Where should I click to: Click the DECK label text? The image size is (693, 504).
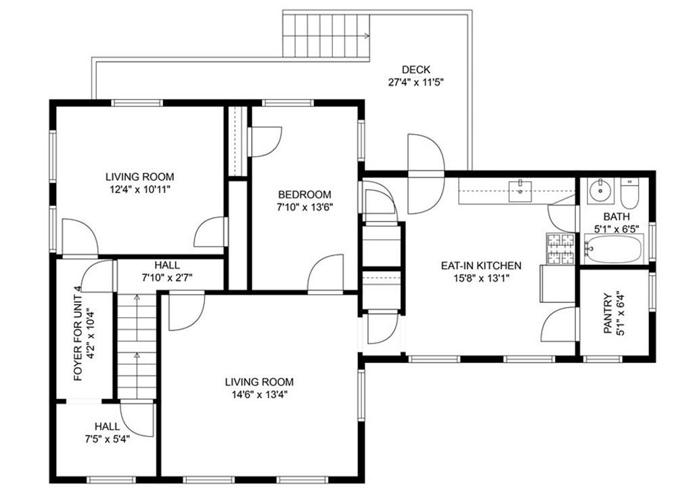[416, 70]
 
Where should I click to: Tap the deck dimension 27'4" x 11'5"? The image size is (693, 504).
[416, 82]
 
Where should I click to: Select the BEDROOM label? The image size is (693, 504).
[305, 194]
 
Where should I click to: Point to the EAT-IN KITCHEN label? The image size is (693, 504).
[481, 266]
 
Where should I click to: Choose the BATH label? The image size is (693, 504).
[616, 217]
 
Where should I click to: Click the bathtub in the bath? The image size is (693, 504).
[613, 249]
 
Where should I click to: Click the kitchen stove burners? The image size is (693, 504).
[561, 249]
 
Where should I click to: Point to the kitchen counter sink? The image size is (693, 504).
[520, 191]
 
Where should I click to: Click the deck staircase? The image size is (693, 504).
[326, 35]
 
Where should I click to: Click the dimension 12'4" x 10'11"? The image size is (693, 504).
[139, 190]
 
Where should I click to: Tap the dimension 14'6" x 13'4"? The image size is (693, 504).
[259, 395]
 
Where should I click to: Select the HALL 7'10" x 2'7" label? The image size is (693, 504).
[167, 271]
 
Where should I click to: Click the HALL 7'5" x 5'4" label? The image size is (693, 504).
[107, 433]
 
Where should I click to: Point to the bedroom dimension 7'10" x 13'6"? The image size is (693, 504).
[305, 207]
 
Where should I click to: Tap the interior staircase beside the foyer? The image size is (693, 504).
[137, 345]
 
